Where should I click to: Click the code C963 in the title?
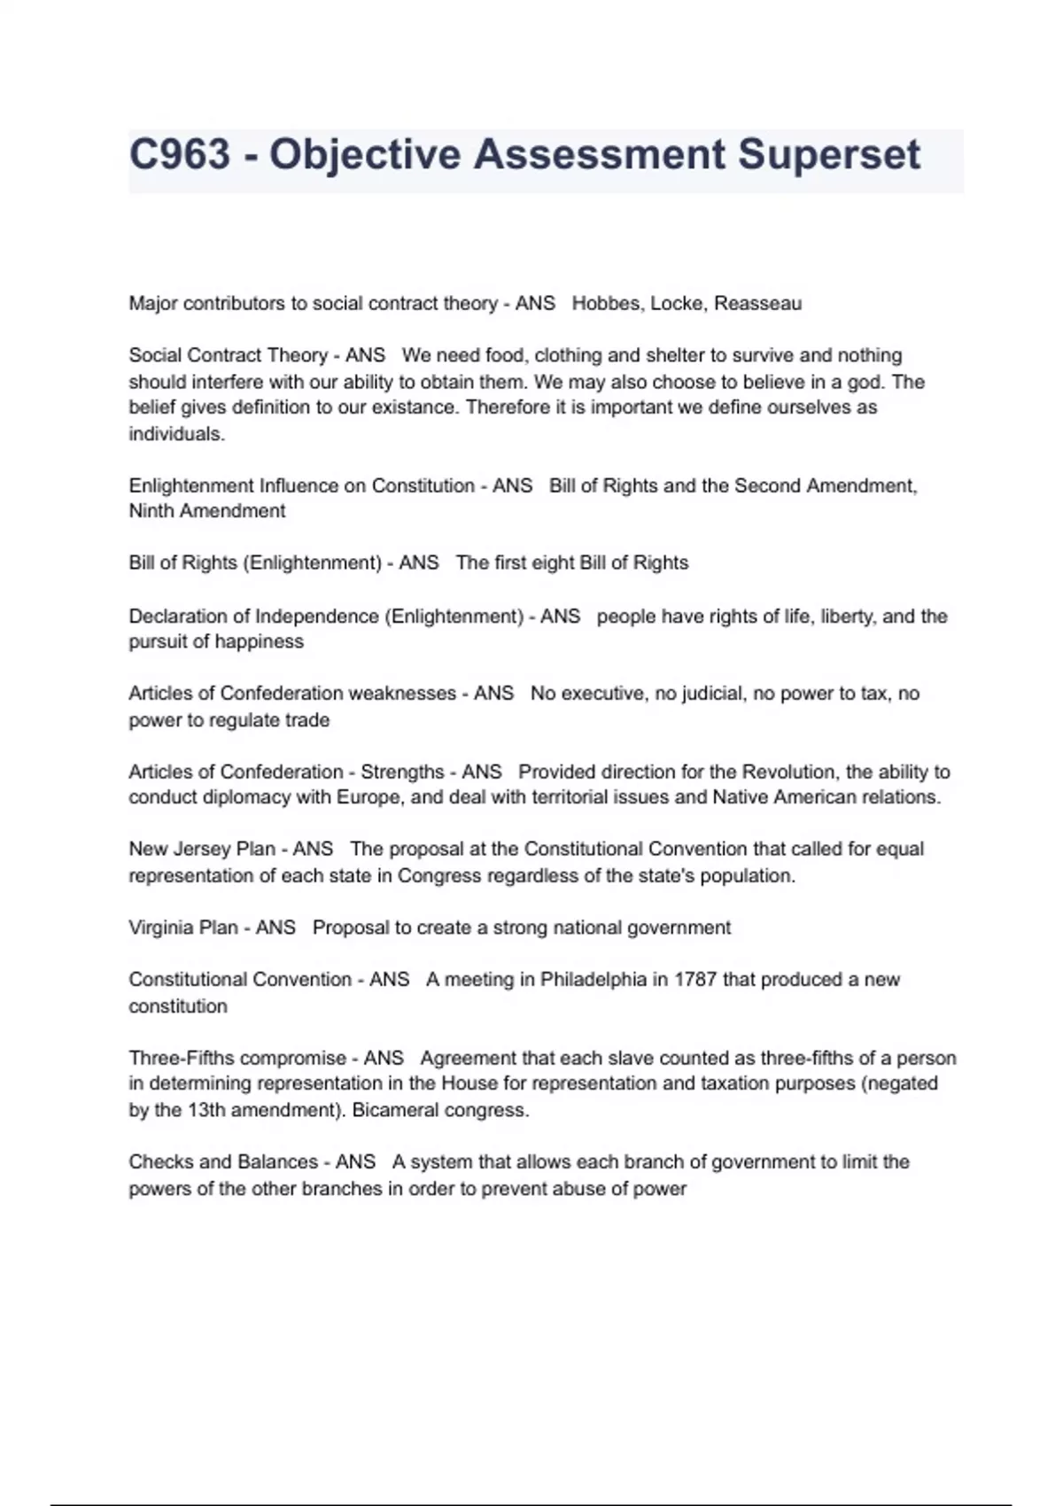tap(180, 155)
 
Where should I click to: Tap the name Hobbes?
tap(607, 304)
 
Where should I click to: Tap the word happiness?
tap(260, 642)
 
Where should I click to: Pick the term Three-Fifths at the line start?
tap(182, 1059)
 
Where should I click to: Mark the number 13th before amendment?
tap(206, 1111)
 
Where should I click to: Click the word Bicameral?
tap(392, 1111)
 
